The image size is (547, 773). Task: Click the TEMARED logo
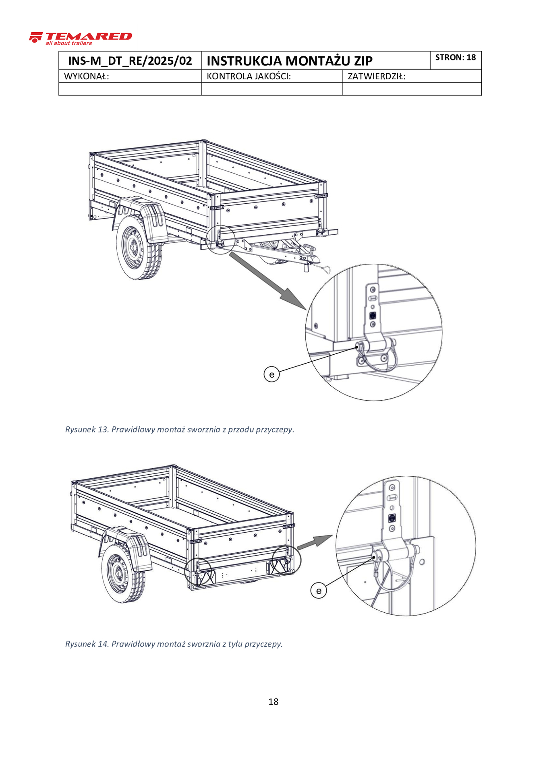81,38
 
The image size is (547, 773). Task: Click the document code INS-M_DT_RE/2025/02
130,61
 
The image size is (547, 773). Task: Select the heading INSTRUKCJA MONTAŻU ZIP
289,61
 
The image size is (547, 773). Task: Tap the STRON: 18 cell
456,58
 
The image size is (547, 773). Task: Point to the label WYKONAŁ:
87,76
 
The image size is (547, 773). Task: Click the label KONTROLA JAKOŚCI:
249,76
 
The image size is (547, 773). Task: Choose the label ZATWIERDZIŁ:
376,76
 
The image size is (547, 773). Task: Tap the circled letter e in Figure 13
271,374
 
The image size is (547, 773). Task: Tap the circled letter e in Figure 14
319,591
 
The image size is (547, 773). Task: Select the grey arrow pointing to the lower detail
315,542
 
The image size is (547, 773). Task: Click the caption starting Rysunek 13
180,429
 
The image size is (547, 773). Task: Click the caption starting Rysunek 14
174,644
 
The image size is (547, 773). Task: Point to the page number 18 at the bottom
273,702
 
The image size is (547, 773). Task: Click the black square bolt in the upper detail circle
373,315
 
